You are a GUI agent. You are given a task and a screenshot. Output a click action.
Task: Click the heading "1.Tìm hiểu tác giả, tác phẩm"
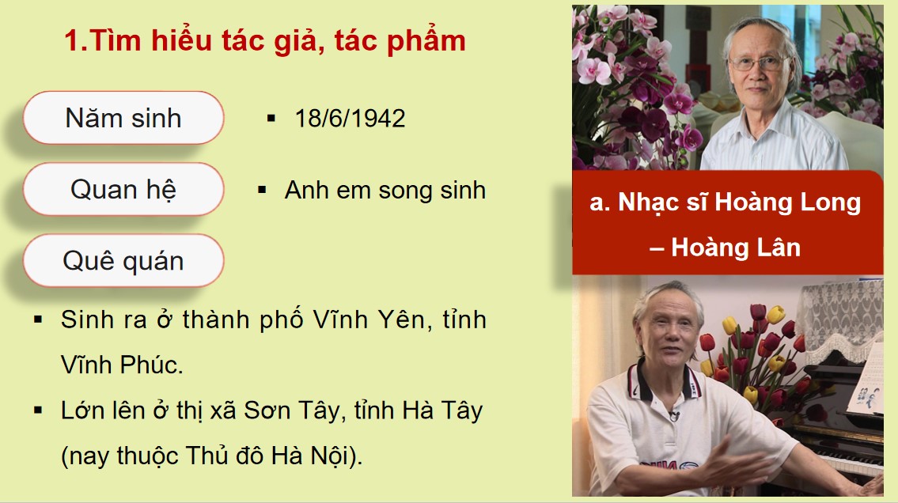pos(265,41)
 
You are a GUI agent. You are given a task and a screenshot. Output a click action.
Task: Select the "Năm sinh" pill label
pos(123,119)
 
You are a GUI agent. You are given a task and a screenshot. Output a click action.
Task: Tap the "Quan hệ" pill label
pos(123,190)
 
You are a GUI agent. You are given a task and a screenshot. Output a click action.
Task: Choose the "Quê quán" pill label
pos(123,260)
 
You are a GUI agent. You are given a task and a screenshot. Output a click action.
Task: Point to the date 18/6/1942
pos(350,119)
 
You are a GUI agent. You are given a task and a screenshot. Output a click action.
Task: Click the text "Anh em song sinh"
pos(385,191)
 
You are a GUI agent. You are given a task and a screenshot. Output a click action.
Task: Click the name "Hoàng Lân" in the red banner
pos(736,248)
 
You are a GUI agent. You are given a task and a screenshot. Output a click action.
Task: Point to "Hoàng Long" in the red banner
pos(787,202)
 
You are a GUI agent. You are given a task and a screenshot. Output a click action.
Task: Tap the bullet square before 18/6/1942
pos(271,119)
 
